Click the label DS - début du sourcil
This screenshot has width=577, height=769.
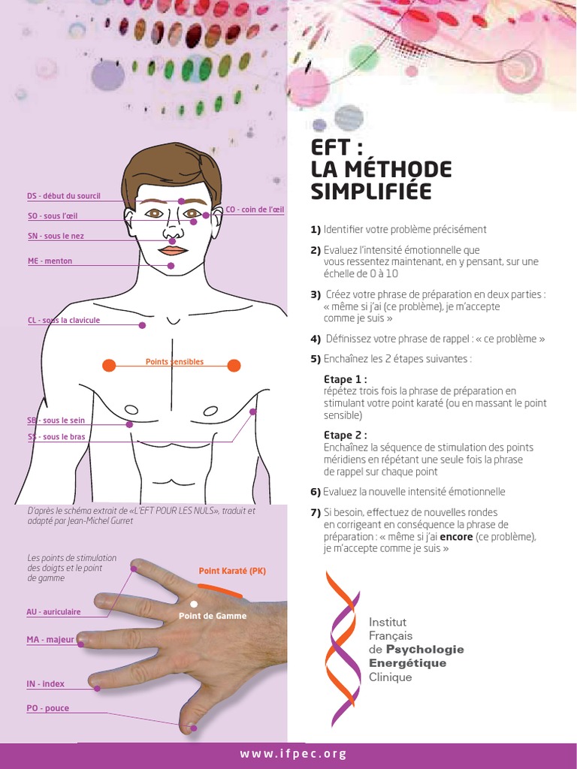pos(63,196)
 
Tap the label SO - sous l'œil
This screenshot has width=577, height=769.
pos(52,216)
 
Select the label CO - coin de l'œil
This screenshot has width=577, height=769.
pos(255,210)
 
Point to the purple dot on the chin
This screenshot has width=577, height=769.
pos(171,266)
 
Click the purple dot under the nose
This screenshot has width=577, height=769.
pos(172,240)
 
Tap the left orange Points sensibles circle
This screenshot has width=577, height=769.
pos(109,366)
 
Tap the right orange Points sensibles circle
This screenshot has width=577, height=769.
pos(234,366)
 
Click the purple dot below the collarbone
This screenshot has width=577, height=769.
pos(142,325)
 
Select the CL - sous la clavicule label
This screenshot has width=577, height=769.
pos(63,320)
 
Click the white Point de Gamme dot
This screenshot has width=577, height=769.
pos(194,604)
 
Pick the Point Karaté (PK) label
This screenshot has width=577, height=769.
pos(232,571)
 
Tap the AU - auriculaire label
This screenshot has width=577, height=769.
pos(53,612)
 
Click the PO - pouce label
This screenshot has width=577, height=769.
pos(47,708)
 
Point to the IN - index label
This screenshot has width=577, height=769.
pos(45,684)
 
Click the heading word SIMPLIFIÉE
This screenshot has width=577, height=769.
pos(371,192)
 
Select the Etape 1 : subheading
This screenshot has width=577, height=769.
pos(346,379)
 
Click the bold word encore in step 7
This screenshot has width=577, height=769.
pos(456,537)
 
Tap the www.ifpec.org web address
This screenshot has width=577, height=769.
pos(293,754)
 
